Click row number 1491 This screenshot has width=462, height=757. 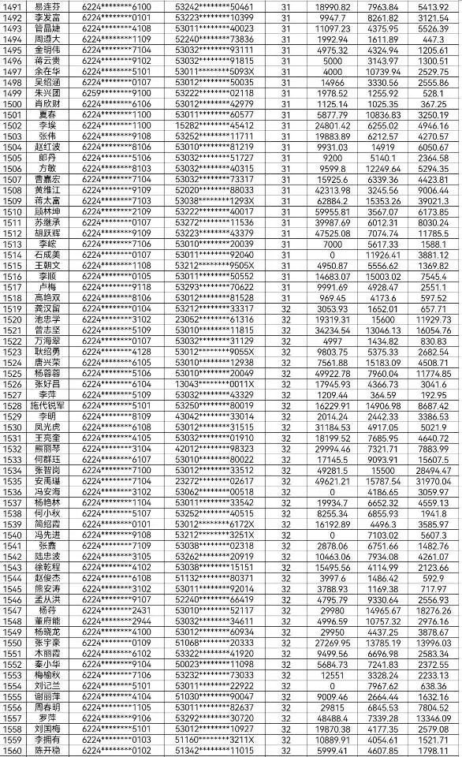pyautogui.click(x=13, y=6)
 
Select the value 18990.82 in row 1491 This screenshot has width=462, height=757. pyautogui.click(x=332, y=6)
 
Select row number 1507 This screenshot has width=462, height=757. pyautogui.click(x=13, y=179)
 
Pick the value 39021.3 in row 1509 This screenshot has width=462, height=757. pyautogui.click(x=433, y=200)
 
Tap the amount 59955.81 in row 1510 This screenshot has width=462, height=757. pyautogui.click(x=332, y=211)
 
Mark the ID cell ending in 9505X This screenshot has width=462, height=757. pyautogui.click(x=214, y=265)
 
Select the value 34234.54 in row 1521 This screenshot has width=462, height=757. pyautogui.click(x=332, y=330)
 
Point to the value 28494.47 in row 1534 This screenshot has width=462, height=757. pyautogui.click(x=433, y=470)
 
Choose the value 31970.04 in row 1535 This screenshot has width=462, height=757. pyautogui.click(x=433, y=480)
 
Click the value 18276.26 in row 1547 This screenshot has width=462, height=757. pyautogui.click(x=433, y=610)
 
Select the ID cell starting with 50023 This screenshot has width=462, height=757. pyautogui.click(x=214, y=664)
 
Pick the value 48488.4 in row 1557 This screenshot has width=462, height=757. pyautogui.click(x=332, y=718)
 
